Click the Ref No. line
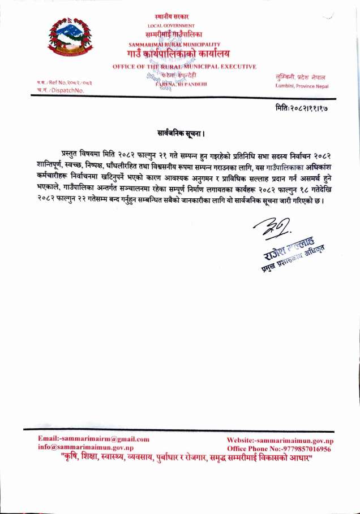(56, 82)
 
